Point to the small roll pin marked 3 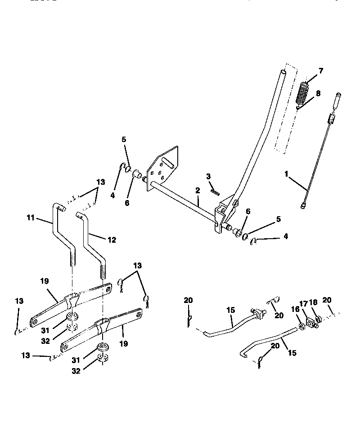[215, 191]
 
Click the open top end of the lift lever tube [283, 72]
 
